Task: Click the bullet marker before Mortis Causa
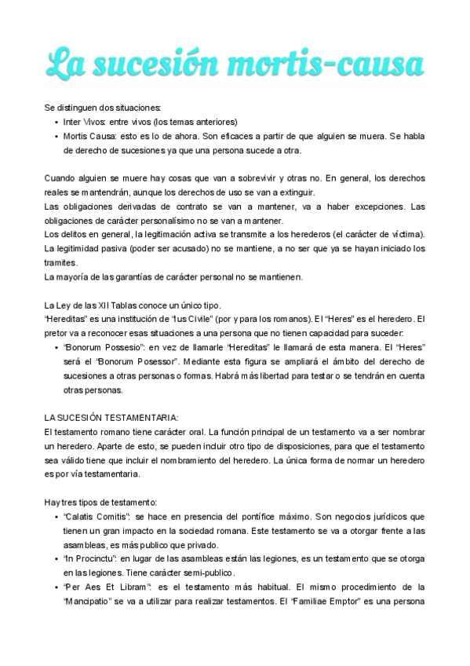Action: coord(56,136)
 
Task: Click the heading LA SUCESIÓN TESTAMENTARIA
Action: coord(111,417)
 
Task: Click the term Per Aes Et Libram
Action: coord(107,587)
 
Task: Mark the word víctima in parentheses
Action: coord(406,235)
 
